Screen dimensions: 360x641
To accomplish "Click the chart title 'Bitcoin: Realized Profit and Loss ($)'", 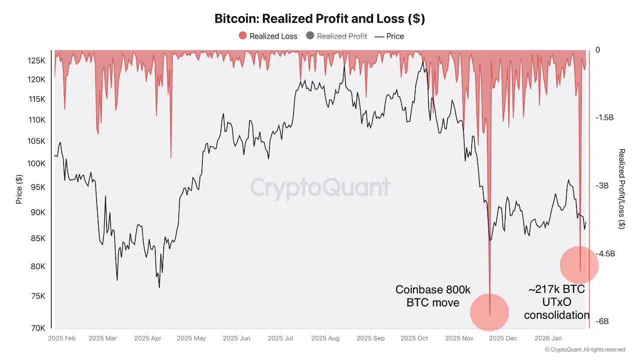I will pos(319,19).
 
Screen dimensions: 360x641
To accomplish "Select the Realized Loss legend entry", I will pos(268,36).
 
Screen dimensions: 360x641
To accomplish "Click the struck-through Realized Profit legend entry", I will pos(337,36).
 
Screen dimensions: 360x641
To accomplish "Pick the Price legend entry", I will pos(389,36).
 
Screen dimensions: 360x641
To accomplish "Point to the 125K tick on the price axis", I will pos(36,61).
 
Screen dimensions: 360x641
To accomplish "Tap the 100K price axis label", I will pos(36,164).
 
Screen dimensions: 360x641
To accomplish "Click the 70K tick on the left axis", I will pos(38,328).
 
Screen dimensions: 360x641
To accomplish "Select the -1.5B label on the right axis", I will pos(604,118).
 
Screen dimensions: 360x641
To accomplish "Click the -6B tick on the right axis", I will pos(601,321).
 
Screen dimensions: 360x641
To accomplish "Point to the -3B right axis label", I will pos(601,186).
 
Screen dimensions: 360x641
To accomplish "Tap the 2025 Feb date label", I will pos(62,338).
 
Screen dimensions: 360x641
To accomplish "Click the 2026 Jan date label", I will pos(549,338).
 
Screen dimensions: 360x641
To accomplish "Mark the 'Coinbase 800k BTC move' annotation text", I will pos(433,296).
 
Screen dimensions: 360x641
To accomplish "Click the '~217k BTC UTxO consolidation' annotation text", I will pos(556,302).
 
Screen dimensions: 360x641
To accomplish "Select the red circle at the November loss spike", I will pos(489,312).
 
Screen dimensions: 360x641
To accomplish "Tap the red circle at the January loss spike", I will pos(579,265).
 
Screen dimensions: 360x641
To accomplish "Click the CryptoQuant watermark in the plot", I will pos(320,187).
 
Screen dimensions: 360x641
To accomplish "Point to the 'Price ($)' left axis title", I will pos(19,189).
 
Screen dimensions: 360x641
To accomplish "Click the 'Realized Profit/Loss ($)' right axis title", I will pos(621,188).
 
